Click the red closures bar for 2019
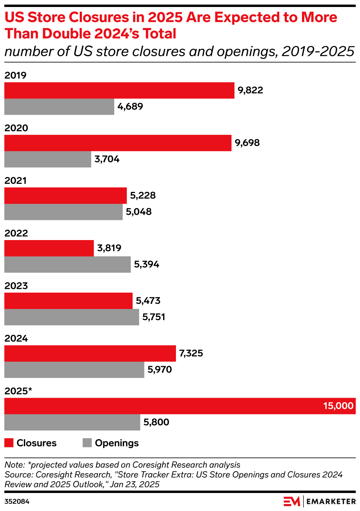point(119,90)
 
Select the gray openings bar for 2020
point(48,159)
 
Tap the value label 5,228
point(143,196)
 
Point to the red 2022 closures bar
point(49,248)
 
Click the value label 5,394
point(147,264)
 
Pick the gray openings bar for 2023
point(72,317)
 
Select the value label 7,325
point(191,353)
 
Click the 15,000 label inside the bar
point(338,406)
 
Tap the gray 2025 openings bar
point(72,422)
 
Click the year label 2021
point(15,181)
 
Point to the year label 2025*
point(18,391)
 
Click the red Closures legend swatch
point(9,443)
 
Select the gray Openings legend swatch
point(87,443)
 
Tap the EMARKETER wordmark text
point(331,501)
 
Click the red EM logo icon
point(292,501)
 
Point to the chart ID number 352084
point(17,501)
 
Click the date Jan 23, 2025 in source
point(134,484)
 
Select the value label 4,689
point(130,107)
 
